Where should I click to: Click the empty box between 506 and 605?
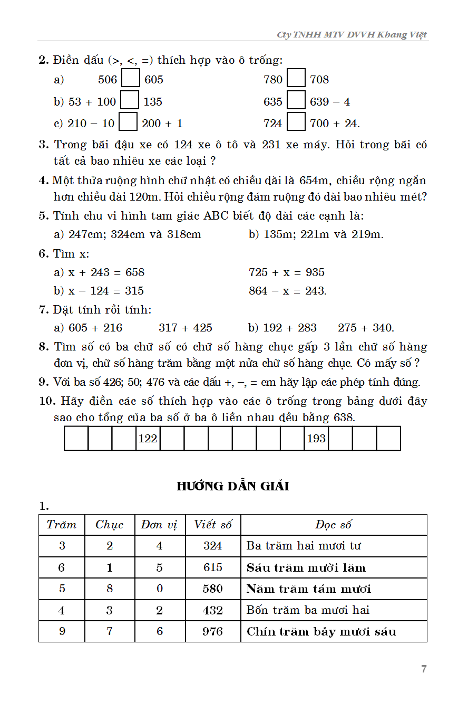tap(131, 79)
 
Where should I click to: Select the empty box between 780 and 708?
tap(297, 79)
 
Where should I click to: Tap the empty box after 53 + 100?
tap(130, 101)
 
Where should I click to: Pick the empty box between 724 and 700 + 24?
tap(297, 122)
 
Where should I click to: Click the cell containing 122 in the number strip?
tap(148, 438)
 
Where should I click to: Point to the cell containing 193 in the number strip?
tap(316, 438)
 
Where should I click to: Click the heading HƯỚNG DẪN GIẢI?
tap(233, 486)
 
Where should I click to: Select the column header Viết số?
tap(213, 525)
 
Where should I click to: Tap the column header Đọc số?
tap(334, 525)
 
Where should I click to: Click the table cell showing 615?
tap(213, 567)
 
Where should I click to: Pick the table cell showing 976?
tap(213, 631)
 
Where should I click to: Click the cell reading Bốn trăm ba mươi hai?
tap(308, 610)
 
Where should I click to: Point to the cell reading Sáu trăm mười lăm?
tap(306, 568)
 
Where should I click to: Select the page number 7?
tap(424, 669)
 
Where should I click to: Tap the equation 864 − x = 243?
tap(288, 291)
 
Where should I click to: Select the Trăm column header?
tap(62, 525)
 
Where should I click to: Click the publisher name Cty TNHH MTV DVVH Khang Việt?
tap(352, 35)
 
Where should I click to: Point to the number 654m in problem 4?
tap(315, 181)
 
